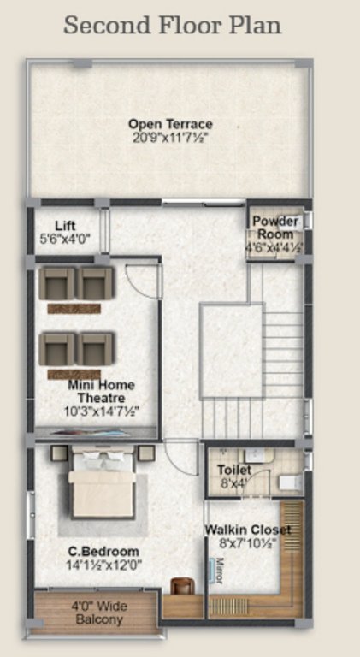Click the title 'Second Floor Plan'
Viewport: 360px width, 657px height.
[x=172, y=25]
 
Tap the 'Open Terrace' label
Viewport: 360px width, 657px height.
[x=170, y=124]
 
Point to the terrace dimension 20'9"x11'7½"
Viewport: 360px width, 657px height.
[x=170, y=137]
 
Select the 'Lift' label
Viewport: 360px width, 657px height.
[x=66, y=226]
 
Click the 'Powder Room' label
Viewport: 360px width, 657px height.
[x=275, y=228]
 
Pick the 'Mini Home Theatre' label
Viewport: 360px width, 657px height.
[x=101, y=392]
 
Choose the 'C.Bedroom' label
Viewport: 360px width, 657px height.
[x=104, y=551]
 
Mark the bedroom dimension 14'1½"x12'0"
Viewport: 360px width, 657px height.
[x=104, y=565]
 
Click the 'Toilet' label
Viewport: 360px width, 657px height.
[x=233, y=470]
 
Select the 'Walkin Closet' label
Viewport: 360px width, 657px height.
[x=247, y=530]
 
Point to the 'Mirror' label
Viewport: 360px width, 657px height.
[x=217, y=571]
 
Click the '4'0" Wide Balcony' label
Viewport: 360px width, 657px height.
[x=98, y=613]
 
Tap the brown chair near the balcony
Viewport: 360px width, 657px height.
[x=181, y=587]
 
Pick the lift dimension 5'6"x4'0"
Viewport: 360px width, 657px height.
[x=66, y=240]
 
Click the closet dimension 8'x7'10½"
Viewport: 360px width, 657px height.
[x=247, y=543]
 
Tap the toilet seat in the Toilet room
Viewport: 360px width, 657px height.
[x=288, y=483]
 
